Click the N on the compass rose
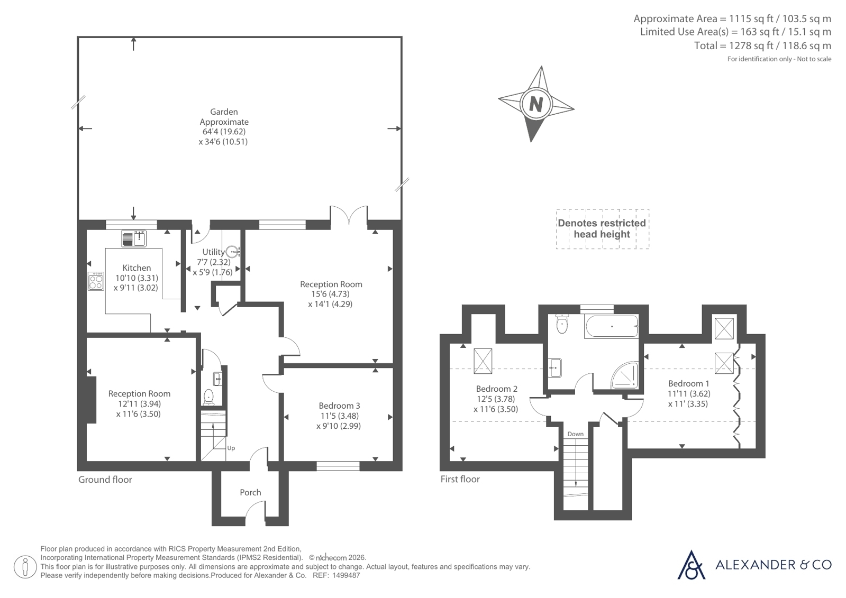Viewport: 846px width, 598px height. click(536, 104)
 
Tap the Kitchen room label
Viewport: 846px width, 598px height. click(137, 268)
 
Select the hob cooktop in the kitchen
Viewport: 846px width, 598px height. click(96, 281)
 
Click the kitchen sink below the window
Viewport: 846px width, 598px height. click(134, 238)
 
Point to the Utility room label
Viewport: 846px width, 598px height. click(213, 252)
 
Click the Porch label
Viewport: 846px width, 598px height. click(250, 492)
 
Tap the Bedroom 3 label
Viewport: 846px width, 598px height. click(339, 406)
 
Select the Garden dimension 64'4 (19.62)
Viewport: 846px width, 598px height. click(224, 132)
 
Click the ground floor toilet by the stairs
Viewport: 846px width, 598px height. click(208, 397)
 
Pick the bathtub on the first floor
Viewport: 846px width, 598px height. click(612, 327)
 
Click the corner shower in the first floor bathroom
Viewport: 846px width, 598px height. click(625, 375)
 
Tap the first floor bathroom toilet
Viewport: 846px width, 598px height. click(562, 324)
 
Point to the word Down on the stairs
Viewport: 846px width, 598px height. click(575, 434)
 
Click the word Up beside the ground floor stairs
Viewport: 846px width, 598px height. click(231, 448)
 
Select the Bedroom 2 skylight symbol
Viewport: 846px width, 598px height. click(483, 361)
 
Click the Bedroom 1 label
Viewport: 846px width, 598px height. click(689, 383)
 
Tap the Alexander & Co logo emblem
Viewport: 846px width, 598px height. click(691, 565)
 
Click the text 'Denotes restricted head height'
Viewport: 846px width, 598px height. click(602, 229)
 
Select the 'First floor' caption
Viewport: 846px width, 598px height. click(460, 479)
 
